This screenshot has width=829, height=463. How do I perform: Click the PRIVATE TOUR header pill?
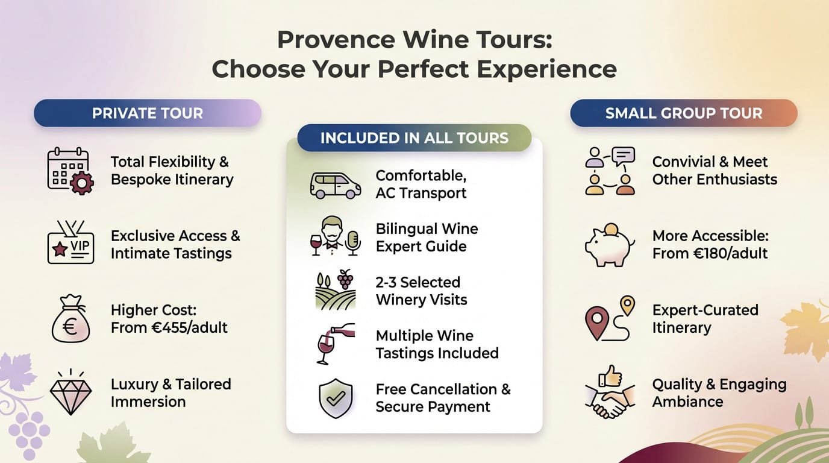point(147,113)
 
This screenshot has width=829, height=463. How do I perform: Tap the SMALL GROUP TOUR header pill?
point(683,113)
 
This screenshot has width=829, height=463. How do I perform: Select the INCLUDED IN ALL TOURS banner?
point(414,137)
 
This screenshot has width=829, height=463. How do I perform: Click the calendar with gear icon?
point(70,171)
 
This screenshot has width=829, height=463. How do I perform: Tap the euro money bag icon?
point(70,319)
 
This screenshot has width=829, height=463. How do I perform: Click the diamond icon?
point(70,392)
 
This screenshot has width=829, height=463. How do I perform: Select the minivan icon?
point(335,185)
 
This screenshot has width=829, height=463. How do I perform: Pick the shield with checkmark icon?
point(335,398)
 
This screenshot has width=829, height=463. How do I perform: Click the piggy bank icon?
point(609,245)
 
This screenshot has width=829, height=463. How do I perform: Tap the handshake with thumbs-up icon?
point(609,392)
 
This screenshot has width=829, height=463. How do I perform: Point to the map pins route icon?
point(609,319)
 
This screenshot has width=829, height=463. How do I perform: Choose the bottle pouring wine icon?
point(335,344)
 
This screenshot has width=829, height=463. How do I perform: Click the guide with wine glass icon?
point(335,237)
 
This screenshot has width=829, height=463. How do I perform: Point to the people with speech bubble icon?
point(609,171)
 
